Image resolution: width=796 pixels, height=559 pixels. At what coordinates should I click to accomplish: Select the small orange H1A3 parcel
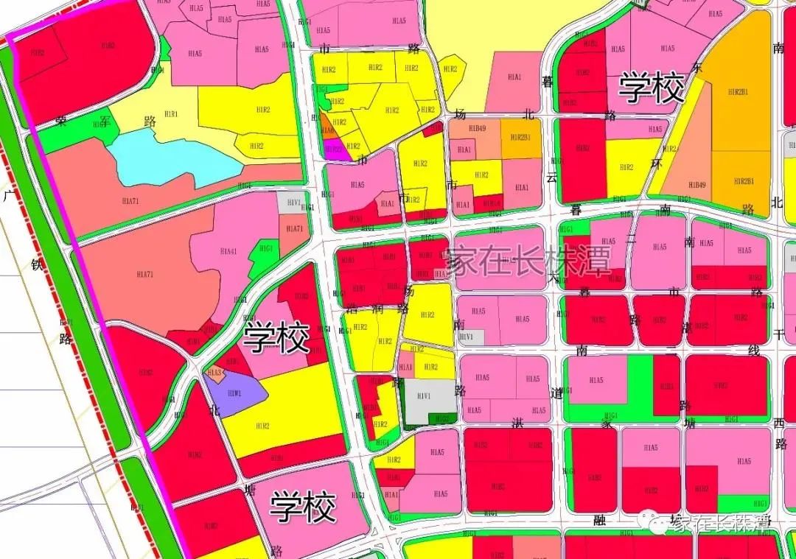[214, 373]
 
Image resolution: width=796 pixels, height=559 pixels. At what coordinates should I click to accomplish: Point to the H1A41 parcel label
[228, 251]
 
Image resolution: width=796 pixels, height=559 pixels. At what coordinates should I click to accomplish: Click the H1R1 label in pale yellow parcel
[171, 114]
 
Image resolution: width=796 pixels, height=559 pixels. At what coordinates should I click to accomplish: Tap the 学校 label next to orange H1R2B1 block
[652, 88]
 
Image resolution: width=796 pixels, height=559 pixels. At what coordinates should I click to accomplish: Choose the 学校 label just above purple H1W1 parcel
[276, 338]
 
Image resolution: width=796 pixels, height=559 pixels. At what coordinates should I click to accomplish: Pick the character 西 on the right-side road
[779, 423]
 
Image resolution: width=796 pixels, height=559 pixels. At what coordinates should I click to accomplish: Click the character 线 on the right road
[754, 351]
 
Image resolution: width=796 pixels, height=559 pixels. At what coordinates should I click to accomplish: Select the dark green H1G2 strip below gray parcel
[441, 418]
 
